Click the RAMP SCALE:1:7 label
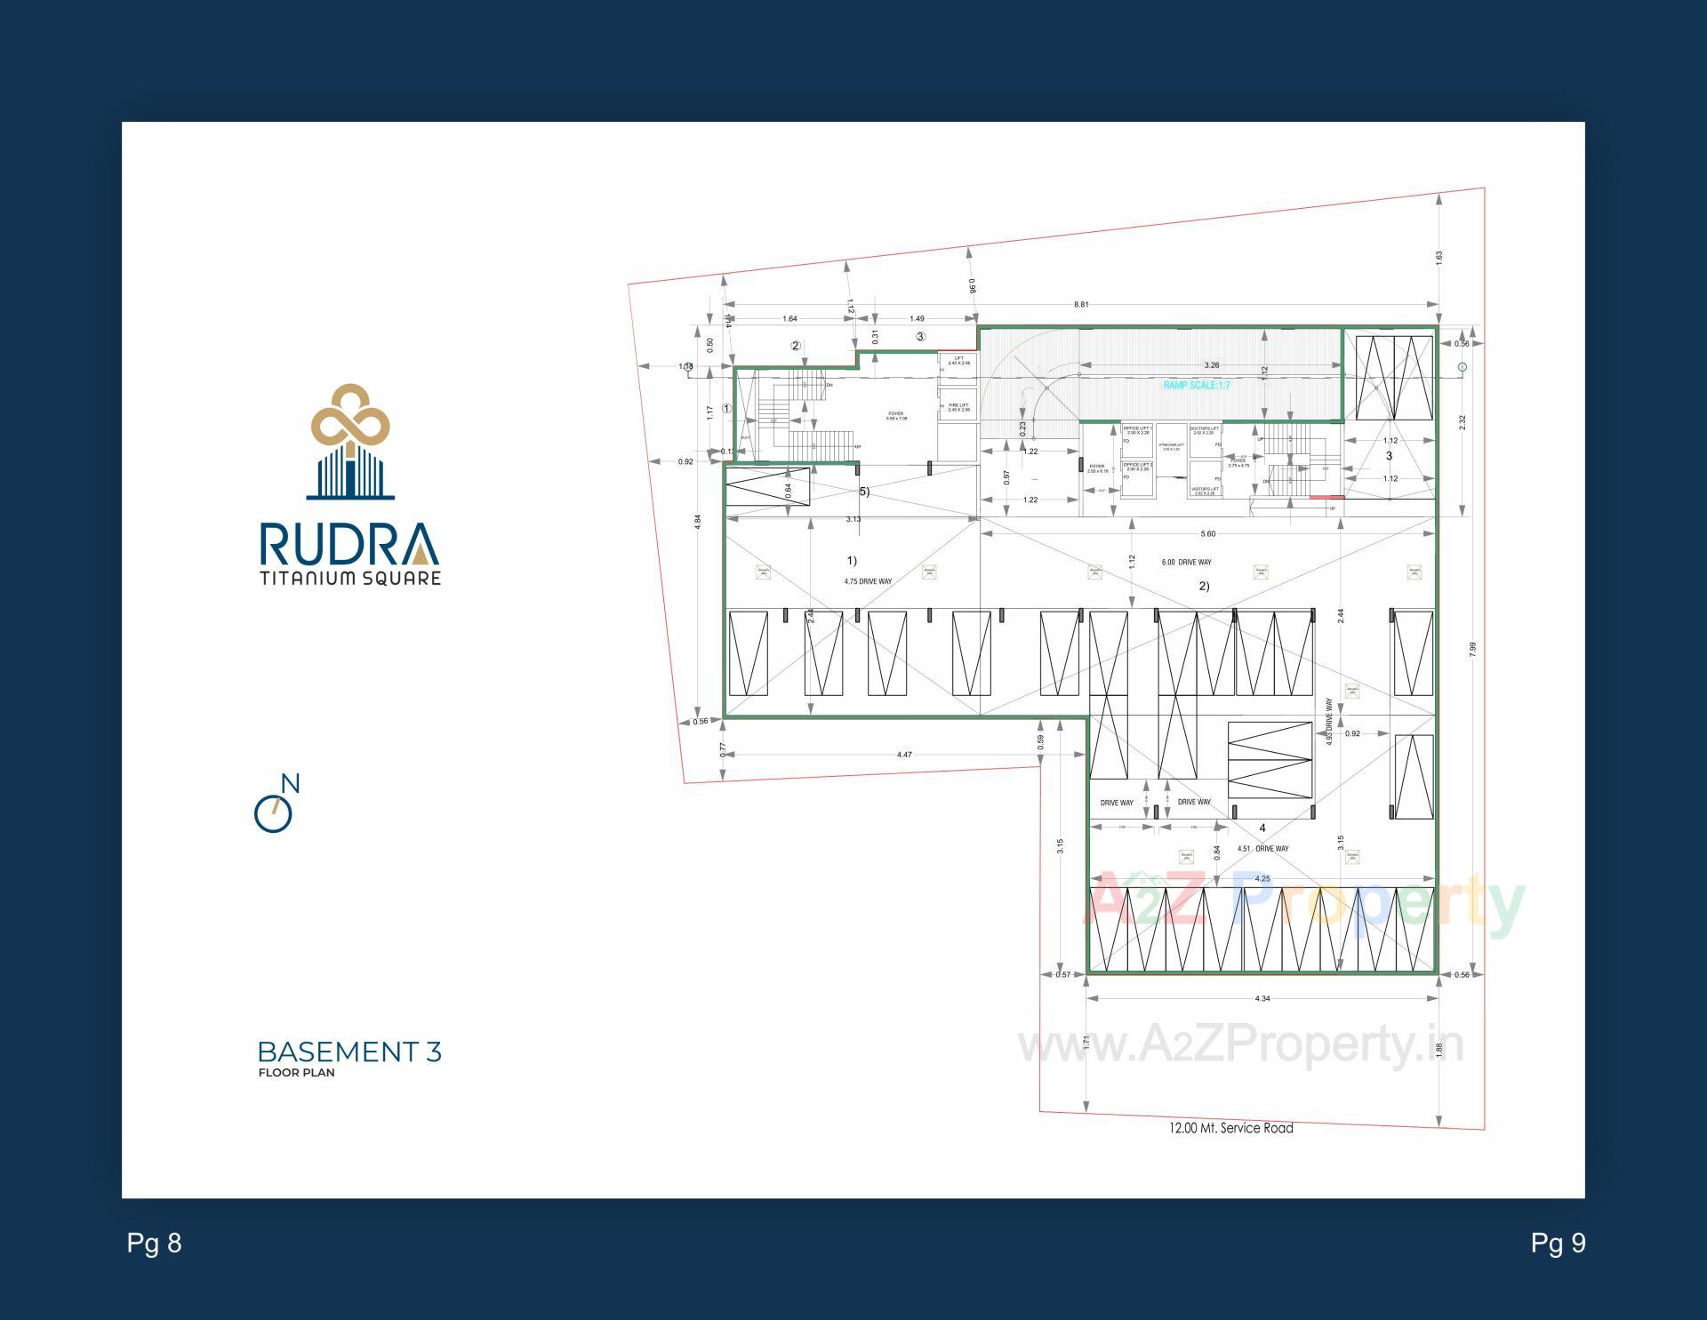pos(1197,385)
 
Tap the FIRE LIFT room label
pos(958,407)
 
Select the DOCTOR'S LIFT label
pos(1205,430)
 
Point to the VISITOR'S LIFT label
pos(1205,491)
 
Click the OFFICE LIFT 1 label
pos(1138,430)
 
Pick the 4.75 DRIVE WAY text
pos(868,581)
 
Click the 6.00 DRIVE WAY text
pos(1186,562)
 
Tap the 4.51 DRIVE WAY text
pos(1262,848)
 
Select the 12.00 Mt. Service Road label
pos(1230,1128)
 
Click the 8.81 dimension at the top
pos(1080,305)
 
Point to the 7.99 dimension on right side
pos(1472,649)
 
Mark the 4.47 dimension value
pos(904,755)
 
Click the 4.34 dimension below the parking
pos(1262,998)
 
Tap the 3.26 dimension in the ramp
pos(1211,365)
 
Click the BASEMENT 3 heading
pos(349,1052)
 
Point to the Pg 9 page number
pos(1558,1243)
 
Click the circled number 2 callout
pos(796,346)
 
